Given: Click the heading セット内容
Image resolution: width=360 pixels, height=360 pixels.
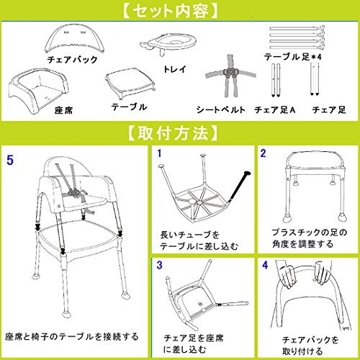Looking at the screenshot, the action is coord(171,11).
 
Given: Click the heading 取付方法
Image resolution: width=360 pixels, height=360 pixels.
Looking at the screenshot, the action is coord(173,133).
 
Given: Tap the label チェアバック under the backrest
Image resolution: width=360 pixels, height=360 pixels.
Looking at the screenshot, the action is coord(72,60).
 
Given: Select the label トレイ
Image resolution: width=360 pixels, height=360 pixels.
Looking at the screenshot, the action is coord(175,69).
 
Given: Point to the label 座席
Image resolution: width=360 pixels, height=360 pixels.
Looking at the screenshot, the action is coord(63,110).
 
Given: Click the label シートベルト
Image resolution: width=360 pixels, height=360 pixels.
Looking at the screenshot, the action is coord(221,109).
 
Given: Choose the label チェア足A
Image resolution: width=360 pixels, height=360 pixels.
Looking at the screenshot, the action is coord(275,109).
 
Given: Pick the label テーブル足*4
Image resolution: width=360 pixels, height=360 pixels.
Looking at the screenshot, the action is coord(293,57).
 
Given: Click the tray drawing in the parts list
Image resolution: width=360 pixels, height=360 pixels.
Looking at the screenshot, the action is coord(169,43).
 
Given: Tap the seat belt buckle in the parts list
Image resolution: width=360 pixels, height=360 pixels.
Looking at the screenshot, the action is coord(230,71).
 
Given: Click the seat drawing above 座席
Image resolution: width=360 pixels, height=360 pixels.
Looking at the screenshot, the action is coord(39,91).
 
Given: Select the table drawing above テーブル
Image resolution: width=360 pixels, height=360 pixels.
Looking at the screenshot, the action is coord(130,84).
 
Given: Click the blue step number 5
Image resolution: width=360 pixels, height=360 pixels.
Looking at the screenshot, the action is coord(10,160).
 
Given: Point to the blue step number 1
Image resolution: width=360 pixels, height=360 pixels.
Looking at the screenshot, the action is coord(159,153).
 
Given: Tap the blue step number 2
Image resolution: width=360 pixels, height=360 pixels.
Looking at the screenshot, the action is coord(264,153).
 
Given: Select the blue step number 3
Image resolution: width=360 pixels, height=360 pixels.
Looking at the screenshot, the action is coord(159,265).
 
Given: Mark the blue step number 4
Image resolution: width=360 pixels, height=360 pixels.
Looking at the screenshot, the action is coord(265,265).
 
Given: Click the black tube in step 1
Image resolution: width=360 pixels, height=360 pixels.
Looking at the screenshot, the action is coord(240,186).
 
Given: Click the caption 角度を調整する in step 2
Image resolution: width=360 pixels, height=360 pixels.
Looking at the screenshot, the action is coord(303,244).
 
